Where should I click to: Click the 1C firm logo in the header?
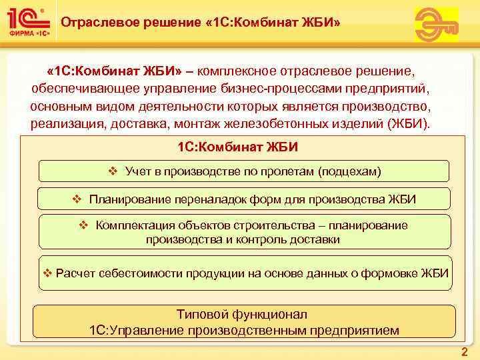(x=27, y=22)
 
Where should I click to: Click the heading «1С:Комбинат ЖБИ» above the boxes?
(x=238, y=147)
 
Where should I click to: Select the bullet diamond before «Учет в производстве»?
(x=112, y=171)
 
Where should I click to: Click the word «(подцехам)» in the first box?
(x=349, y=172)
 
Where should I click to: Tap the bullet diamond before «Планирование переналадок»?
(x=77, y=199)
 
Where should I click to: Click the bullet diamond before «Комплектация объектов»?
(x=83, y=225)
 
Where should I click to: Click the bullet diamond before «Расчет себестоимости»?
(x=47, y=274)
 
